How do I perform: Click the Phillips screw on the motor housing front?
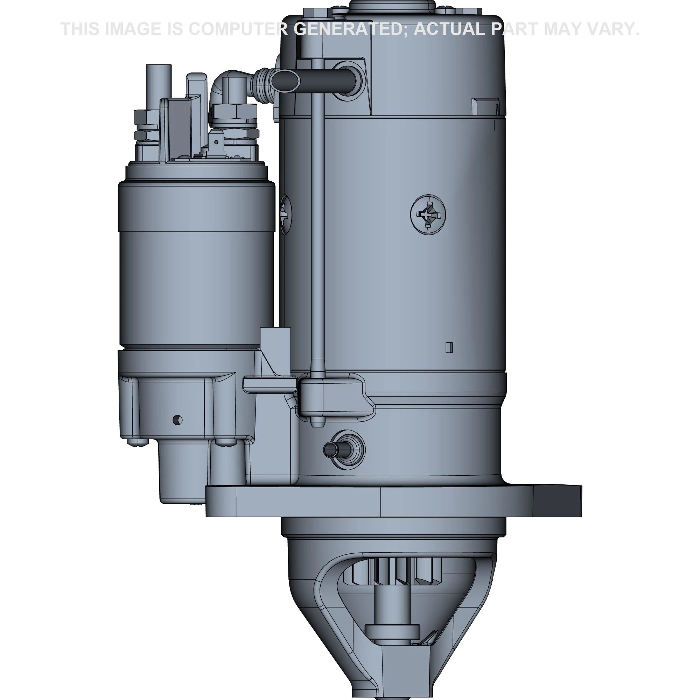428,215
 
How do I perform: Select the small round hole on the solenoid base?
177,420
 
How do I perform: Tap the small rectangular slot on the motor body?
449,347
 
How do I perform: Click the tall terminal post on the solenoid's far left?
158,83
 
